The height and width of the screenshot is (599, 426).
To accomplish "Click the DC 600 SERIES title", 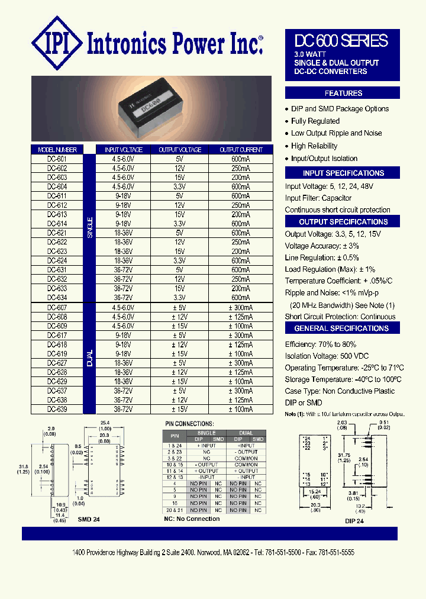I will (x=342, y=41).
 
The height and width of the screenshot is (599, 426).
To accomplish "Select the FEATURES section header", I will (x=343, y=93).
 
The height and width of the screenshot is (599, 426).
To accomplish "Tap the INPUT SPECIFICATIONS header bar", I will (x=343, y=173).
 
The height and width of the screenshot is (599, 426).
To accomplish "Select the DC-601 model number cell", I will (x=57, y=159).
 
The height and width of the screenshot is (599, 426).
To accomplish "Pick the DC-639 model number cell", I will (x=57, y=409).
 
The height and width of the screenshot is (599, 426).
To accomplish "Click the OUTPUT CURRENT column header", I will (x=240, y=150).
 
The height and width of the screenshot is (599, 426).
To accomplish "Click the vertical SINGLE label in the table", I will (x=90, y=228).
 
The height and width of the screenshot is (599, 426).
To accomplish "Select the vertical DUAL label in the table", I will (x=90, y=358).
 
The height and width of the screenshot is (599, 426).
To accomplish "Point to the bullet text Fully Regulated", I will (x=315, y=121).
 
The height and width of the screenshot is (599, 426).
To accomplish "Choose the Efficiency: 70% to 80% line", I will (x=320, y=344).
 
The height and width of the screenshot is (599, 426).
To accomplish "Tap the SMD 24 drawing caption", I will (x=88, y=519).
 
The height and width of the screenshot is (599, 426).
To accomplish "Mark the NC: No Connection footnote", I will (x=192, y=519).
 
